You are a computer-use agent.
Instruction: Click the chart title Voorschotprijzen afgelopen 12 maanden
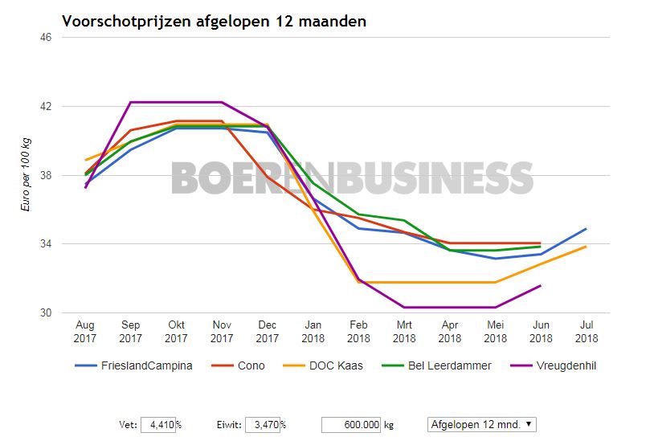coord(214,22)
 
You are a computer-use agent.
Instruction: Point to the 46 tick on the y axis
coord(47,38)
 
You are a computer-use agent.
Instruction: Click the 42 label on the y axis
coord(47,106)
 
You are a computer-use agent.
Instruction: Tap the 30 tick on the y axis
coord(47,312)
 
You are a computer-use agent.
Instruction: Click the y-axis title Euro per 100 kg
coord(26,174)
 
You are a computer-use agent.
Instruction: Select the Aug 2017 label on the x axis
coord(84,332)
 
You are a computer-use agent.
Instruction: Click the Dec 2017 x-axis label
coord(267,332)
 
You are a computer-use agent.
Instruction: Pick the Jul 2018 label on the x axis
coord(586,332)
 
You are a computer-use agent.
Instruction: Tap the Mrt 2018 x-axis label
coord(403,332)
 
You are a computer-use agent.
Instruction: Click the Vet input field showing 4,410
coord(157,424)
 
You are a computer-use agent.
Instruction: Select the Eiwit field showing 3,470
coord(261,424)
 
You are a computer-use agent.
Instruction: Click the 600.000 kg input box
coord(348,424)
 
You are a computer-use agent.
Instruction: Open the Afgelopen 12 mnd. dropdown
coord(481,424)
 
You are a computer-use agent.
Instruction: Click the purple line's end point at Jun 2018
coord(540,285)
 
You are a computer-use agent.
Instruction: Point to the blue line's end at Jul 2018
coord(586,229)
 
